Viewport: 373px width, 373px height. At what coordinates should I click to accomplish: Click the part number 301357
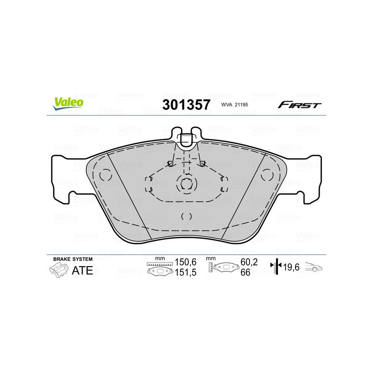coord(186,104)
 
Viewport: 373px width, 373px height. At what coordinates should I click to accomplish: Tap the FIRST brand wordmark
coord(299,105)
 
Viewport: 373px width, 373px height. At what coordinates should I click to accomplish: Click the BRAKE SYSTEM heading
coord(73,259)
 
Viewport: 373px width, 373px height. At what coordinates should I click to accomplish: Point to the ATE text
coord(83,270)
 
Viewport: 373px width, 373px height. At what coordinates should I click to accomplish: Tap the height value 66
coord(245,273)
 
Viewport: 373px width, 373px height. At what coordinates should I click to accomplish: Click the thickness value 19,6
coord(291,267)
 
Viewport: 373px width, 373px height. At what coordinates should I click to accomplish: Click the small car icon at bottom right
coord(314,268)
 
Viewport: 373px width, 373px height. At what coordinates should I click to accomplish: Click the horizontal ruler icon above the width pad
coord(159,264)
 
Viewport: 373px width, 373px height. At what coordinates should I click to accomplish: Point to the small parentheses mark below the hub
coord(186,216)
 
